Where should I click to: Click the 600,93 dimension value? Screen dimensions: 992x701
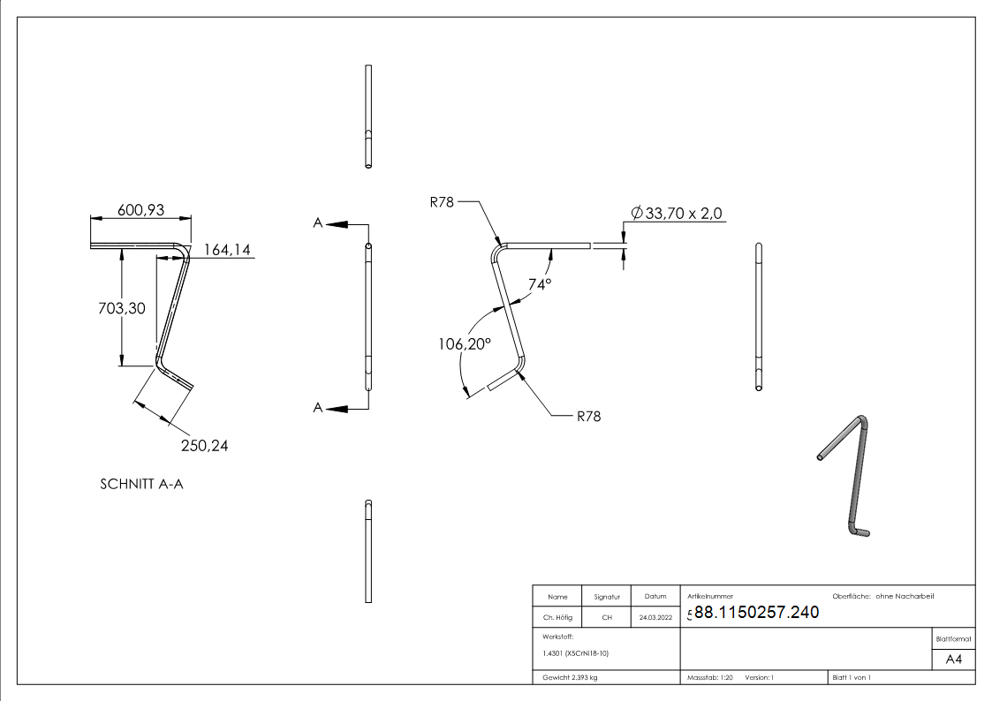point(141,210)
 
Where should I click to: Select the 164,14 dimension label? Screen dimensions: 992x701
point(227,250)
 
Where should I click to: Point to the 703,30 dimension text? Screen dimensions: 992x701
point(122,308)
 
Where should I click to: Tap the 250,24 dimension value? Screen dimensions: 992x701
point(204,446)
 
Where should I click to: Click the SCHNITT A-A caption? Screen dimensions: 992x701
point(141,484)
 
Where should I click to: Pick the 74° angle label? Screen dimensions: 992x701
point(540,284)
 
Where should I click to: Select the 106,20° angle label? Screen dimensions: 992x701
point(465,343)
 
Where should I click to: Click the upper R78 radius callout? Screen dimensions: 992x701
point(442,202)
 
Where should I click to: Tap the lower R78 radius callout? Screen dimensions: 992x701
point(588,417)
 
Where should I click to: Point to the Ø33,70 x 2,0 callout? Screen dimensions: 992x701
point(677,213)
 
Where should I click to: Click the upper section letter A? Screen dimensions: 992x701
point(318,223)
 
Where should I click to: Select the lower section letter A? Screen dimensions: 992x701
point(318,409)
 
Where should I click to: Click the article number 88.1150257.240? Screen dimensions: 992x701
point(757,612)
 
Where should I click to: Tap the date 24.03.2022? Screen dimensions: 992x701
point(655,617)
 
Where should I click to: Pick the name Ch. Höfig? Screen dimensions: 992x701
point(557,617)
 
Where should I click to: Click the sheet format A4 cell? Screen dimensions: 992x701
point(953,660)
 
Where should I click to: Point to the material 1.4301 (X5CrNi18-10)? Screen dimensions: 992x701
point(575,653)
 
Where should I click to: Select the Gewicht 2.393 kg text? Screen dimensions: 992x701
point(570,678)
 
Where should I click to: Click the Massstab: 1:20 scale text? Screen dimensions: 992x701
point(710,678)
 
